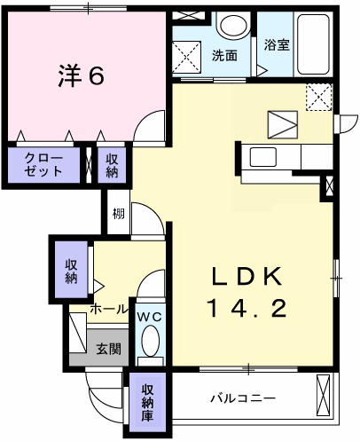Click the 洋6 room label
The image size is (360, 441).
click(82, 75)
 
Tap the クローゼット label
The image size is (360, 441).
click(43, 165)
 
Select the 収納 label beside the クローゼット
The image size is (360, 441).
click(113, 165)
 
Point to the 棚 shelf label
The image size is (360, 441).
click(118, 213)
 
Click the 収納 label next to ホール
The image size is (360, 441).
click(71, 271)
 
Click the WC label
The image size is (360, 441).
click(148, 315)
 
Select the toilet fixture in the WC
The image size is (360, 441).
click(150, 343)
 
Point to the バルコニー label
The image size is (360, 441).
click(242, 398)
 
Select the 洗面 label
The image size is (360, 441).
click(224, 55)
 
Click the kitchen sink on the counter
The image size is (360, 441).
click(265, 158)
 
